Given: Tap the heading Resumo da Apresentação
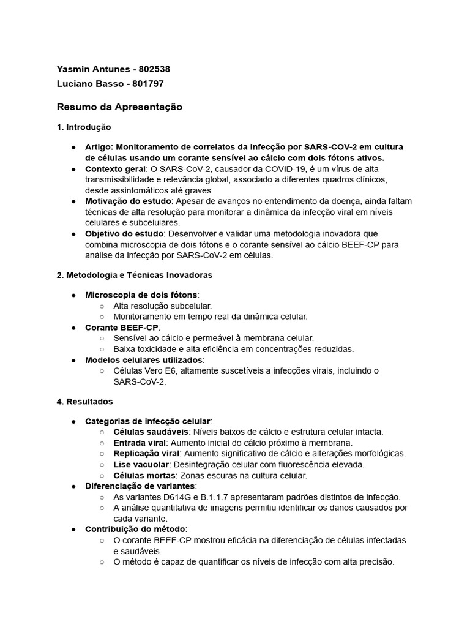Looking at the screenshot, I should [x=119, y=107].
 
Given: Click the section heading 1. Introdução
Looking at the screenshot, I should [x=84, y=127].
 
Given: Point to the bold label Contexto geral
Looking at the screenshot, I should [x=115, y=168].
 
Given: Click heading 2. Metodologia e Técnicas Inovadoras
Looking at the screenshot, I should [x=135, y=275].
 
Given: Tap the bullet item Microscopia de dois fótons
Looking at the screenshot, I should [x=141, y=295].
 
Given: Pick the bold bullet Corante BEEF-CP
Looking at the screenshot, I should [x=121, y=328].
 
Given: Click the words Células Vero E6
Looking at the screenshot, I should [x=145, y=370].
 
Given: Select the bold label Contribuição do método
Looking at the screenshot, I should [x=135, y=528].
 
